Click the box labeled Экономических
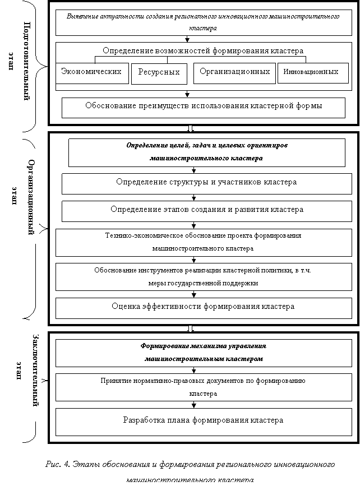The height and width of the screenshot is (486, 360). click(x=91, y=73)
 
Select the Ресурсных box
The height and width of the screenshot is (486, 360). click(x=159, y=73)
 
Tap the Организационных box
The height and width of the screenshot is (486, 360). click(x=234, y=72)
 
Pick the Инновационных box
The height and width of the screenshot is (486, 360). click(x=311, y=73)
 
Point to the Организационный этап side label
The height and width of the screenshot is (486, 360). click(x=22, y=196)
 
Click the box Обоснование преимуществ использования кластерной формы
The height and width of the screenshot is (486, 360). click(x=203, y=107)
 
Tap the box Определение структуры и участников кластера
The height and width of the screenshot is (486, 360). click(x=206, y=183)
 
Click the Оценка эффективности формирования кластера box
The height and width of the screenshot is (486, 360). click(x=203, y=307)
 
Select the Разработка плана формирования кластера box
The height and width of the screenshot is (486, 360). click(x=203, y=420)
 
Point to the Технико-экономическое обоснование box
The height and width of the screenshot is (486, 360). click(x=203, y=242)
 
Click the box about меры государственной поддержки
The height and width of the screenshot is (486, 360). click(x=203, y=277)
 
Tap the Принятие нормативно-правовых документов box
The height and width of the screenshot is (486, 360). click(x=203, y=387)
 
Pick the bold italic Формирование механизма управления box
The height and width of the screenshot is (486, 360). click(x=203, y=352)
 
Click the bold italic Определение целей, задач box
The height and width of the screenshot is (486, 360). click(x=206, y=152)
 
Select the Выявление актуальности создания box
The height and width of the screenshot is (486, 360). click(x=203, y=22)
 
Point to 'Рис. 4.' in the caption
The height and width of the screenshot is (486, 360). click(x=57, y=466)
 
